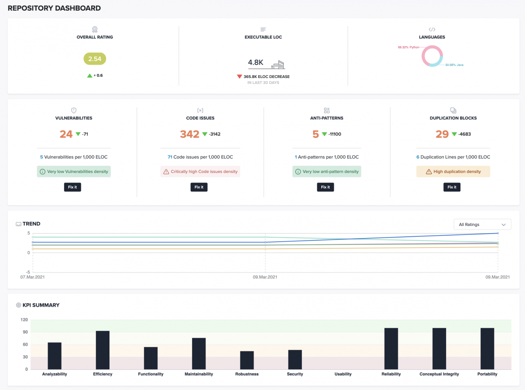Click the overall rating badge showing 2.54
(x=95, y=59)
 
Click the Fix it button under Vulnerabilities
(x=72, y=187)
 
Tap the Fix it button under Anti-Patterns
(x=325, y=187)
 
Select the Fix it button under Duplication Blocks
(x=452, y=187)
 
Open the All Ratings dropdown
(x=482, y=225)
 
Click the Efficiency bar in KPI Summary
(x=103, y=350)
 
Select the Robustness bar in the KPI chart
(x=247, y=360)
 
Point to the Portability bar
(x=487, y=349)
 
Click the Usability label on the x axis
(x=343, y=374)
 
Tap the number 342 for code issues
(x=189, y=134)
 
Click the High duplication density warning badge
(x=453, y=171)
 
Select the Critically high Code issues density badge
(x=200, y=172)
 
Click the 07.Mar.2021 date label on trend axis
(x=32, y=277)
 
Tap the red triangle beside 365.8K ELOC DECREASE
(x=240, y=77)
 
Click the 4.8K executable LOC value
(x=256, y=63)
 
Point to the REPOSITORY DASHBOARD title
(x=54, y=8)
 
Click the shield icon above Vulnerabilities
(x=74, y=110)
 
